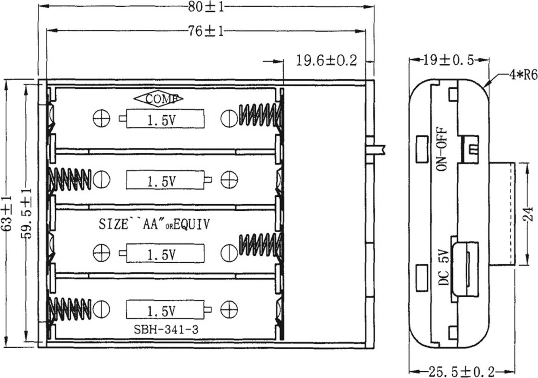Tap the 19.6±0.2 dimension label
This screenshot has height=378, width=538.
[x=326, y=61]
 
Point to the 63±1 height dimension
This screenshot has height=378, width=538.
[x=7, y=213]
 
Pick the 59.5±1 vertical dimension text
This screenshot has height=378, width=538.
[x=27, y=213]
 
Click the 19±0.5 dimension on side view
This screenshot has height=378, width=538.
[x=449, y=60]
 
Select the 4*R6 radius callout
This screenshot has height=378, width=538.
[x=523, y=75]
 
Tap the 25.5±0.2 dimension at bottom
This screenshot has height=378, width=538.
[x=461, y=371]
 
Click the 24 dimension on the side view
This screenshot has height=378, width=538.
[x=530, y=214]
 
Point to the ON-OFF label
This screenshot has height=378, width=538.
[x=442, y=148]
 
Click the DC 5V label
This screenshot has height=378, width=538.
[x=443, y=267]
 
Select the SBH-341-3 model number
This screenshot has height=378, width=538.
[x=166, y=329]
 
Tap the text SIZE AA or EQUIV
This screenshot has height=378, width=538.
[x=154, y=224]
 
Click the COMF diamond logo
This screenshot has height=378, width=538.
[x=158, y=99]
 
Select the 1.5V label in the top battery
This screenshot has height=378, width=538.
[x=161, y=121]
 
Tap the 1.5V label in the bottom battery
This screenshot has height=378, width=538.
[x=161, y=311]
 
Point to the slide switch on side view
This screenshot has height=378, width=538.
[x=470, y=150]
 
